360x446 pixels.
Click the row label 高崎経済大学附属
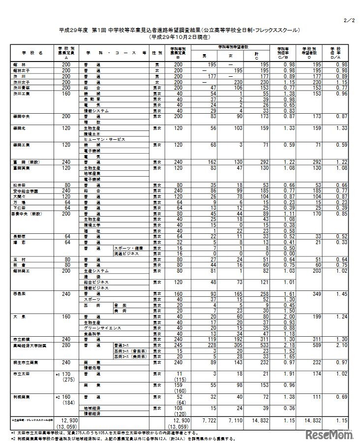27,346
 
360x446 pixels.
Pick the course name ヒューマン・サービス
104,139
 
